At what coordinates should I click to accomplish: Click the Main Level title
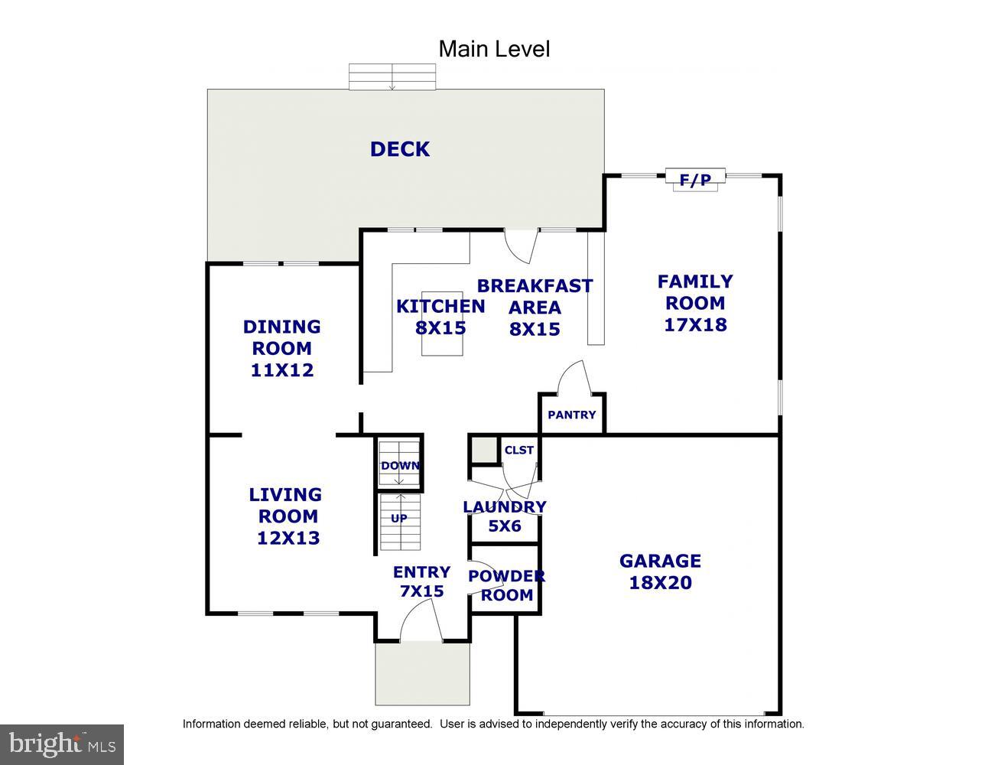(x=494, y=49)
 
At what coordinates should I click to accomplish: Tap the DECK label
(x=400, y=149)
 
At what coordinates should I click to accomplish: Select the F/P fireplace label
(x=695, y=180)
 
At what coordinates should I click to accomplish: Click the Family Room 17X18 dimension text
(x=695, y=324)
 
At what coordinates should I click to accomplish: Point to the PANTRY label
(x=571, y=415)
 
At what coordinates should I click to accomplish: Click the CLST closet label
(x=518, y=450)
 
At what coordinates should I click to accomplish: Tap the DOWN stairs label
(x=400, y=466)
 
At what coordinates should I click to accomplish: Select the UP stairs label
(x=398, y=518)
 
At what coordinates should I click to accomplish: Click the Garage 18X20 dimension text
(x=660, y=583)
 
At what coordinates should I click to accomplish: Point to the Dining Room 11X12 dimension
(x=282, y=370)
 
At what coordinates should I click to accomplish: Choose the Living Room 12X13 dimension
(x=288, y=538)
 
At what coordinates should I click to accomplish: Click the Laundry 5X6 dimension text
(x=504, y=526)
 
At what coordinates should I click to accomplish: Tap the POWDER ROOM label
(x=506, y=585)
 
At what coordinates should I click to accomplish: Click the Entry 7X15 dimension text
(x=421, y=591)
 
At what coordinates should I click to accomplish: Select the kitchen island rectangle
(x=442, y=324)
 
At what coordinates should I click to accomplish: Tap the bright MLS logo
(x=62, y=744)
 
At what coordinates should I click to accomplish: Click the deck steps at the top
(x=392, y=76)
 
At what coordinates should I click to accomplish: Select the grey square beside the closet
(x=484, y=451)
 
